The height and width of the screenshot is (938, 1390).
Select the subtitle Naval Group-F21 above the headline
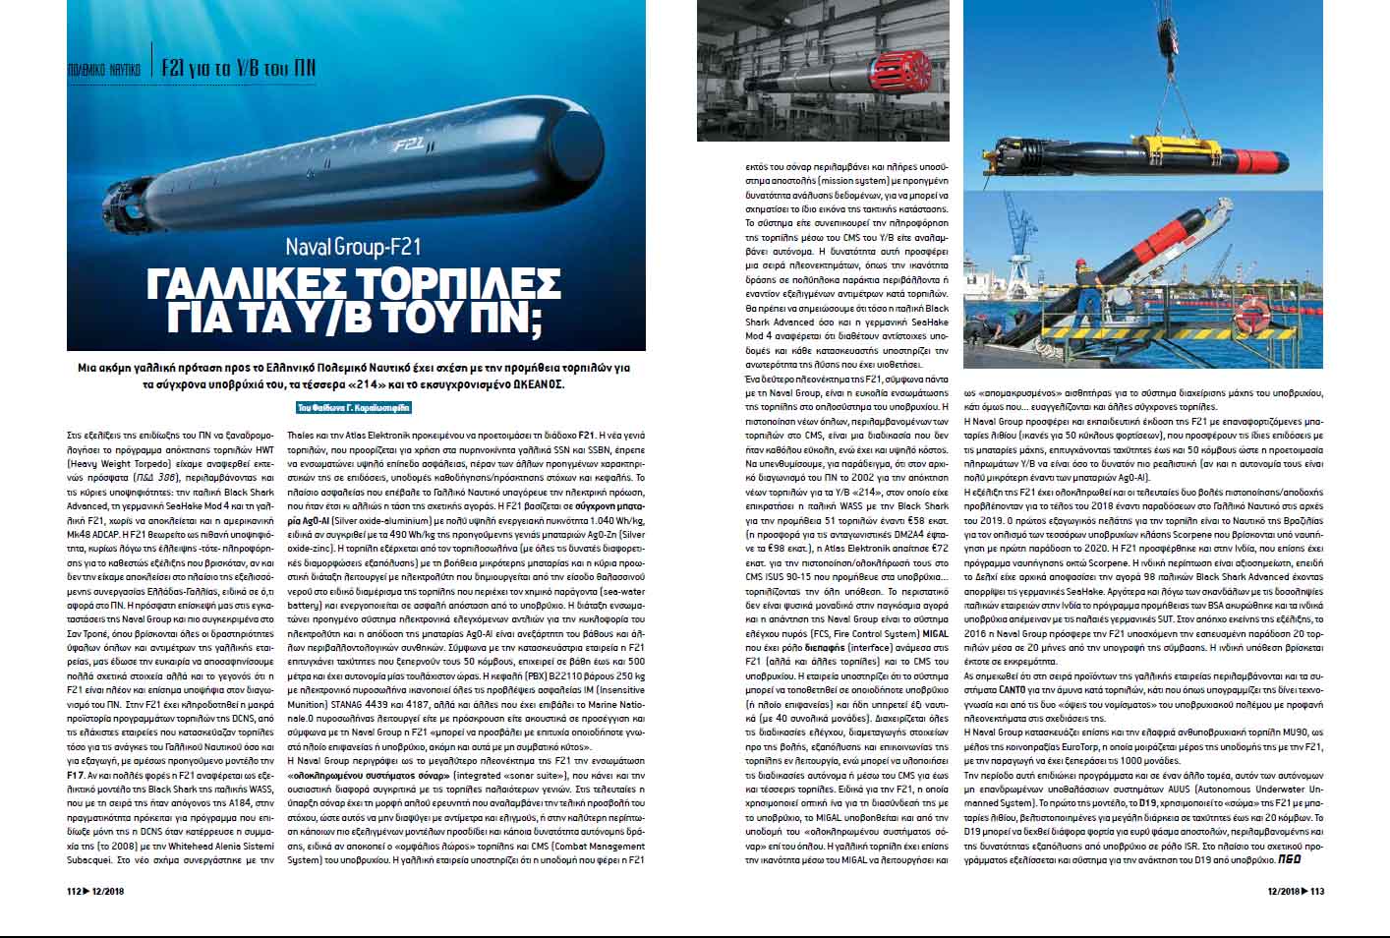pyautogui.click(x=354, y=247)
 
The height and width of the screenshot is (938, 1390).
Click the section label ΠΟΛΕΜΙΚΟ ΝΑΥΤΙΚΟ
pyautogui.click(x=103, y=70)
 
